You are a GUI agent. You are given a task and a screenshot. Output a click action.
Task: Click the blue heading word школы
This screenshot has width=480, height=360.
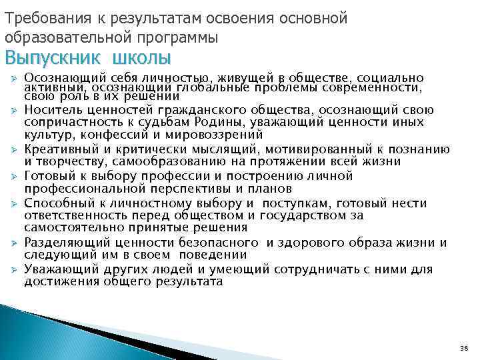coord(141,58)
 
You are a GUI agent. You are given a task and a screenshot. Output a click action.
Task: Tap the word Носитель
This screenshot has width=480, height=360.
coord(49,110)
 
